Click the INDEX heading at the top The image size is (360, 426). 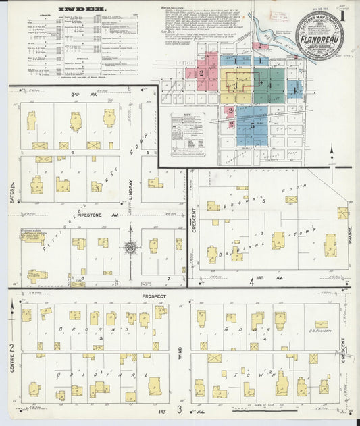[x=82, y=10]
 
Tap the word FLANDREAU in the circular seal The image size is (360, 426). [x=318, y=30]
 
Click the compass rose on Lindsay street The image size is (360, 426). [x=130, y=248]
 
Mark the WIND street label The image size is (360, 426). [x=180, y=352]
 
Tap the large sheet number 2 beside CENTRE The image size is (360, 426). [x=11, y=347]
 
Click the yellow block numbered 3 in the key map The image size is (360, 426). [x=235, y=86]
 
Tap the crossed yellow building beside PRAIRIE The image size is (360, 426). [x=342, y=213]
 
